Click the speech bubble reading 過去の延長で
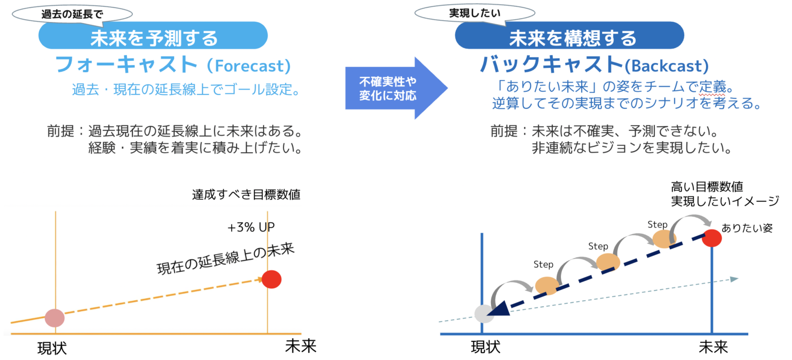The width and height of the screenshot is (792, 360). [72, 14]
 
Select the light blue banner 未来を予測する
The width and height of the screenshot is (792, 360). [153, 37]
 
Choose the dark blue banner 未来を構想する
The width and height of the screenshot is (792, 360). [569, 37]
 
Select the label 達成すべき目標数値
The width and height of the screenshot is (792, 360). [246, 195]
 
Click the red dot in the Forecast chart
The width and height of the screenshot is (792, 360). [271, 280]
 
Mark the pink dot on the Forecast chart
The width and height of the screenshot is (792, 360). [54, 318]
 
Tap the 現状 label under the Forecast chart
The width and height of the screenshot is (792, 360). [52, 348]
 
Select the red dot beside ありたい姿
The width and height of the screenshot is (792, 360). [712, 238]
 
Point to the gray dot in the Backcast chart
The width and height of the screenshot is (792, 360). [484, 314]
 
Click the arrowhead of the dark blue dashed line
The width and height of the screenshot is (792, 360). [500, 309]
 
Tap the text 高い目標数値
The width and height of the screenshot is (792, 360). [706, 186]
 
